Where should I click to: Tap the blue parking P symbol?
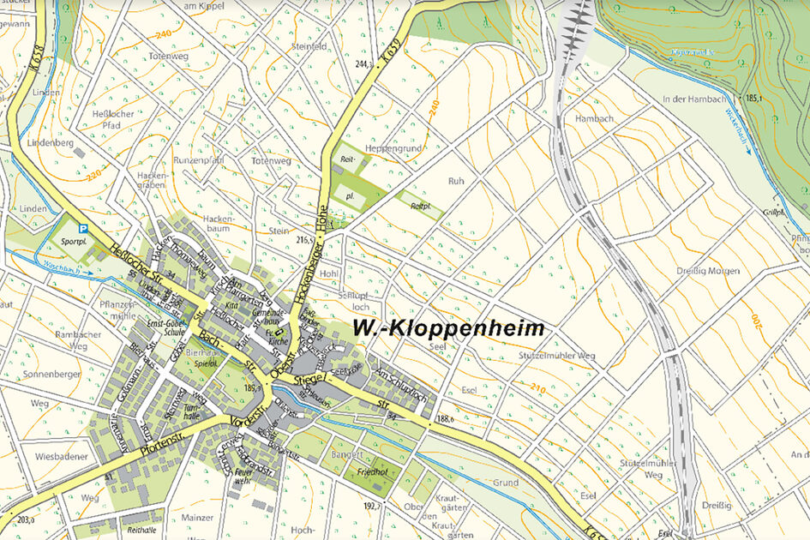pos(83,229)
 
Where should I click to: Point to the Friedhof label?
pos(363,471)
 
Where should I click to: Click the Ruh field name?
pos(455,181)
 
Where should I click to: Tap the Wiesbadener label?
pos(62,457)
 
